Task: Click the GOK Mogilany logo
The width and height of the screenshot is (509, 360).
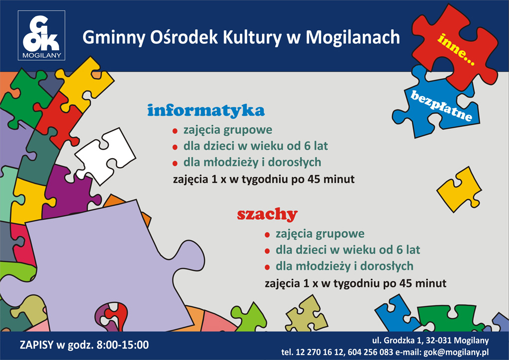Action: coord(42,35)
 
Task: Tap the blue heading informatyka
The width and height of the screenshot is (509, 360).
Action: coord(206,110)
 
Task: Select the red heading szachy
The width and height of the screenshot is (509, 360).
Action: coord(267,214)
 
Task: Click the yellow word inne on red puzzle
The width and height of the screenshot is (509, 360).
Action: coord(456,49)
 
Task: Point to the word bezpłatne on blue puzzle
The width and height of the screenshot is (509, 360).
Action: coord(441,106)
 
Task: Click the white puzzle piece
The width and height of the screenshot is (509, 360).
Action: coord(105,156)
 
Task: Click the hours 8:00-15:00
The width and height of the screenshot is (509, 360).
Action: coord(123,345)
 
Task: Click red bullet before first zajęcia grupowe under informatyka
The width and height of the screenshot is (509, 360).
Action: coord(175,131)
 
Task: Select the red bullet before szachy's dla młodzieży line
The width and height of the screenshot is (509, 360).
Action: coord(267,268)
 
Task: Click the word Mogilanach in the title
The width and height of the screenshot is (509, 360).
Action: coord(353,38)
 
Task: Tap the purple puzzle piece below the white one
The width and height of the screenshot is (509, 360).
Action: coord(70,191)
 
